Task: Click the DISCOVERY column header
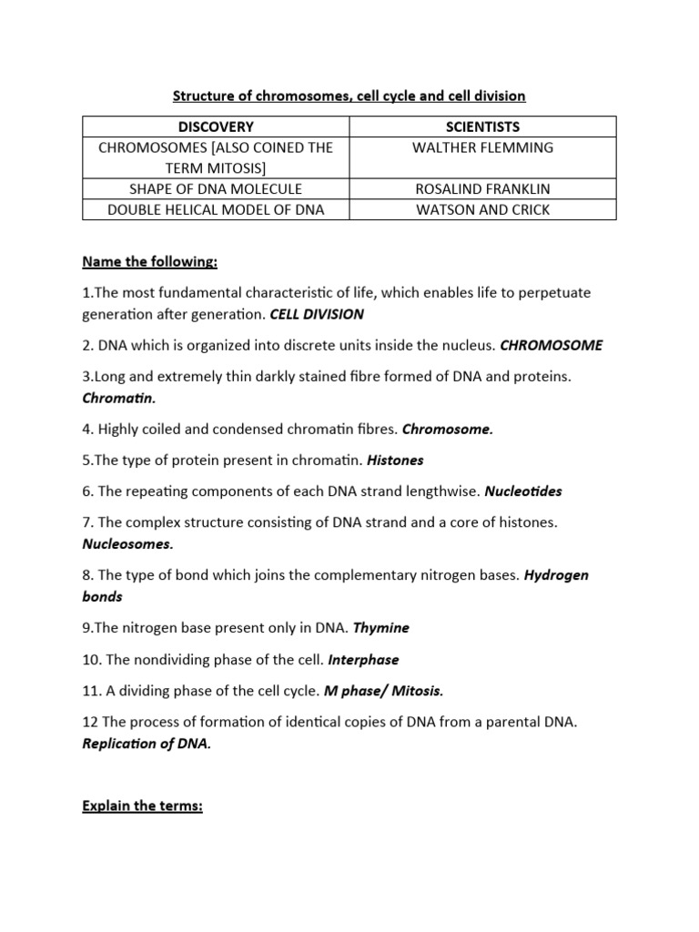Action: tap(216, 127)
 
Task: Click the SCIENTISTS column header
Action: tap(482, 127)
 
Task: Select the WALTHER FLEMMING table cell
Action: tap(482, 147)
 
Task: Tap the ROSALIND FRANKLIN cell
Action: tap(482, 188)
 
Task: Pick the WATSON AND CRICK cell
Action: tap(482, 209)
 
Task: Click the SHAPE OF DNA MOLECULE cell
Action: tap(216, 188)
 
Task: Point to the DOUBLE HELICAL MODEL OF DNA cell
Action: tap(216, 209)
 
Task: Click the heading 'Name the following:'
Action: tap(150, 262)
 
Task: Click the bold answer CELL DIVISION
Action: tap(317, 314)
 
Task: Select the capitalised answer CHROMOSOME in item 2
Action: tap(551, 345)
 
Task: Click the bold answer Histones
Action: tap(395, 460)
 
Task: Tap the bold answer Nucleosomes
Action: tap(127, 543)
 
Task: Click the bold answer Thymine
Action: tap(380, 627)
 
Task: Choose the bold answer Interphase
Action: tap(363, 659)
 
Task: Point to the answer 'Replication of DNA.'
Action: tap(147, 743)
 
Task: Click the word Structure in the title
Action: tap(206, 95)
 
